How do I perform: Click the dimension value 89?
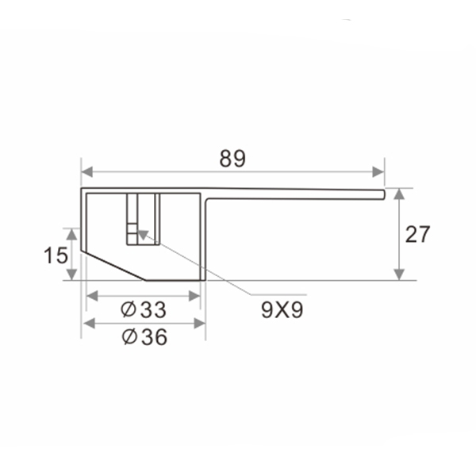pos(232,159)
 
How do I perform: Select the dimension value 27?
pos(418,234)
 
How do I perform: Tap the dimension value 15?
pos(56,255)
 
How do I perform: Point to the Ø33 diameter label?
pos(144,309)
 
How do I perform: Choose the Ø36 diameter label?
pos(144,337)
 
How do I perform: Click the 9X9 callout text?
pos(282,310)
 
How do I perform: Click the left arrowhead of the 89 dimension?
pos(87,172)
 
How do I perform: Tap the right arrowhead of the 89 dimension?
pos(378,172)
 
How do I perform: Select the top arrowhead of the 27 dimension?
pos(399,194)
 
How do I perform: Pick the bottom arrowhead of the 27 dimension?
pos(399,274)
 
